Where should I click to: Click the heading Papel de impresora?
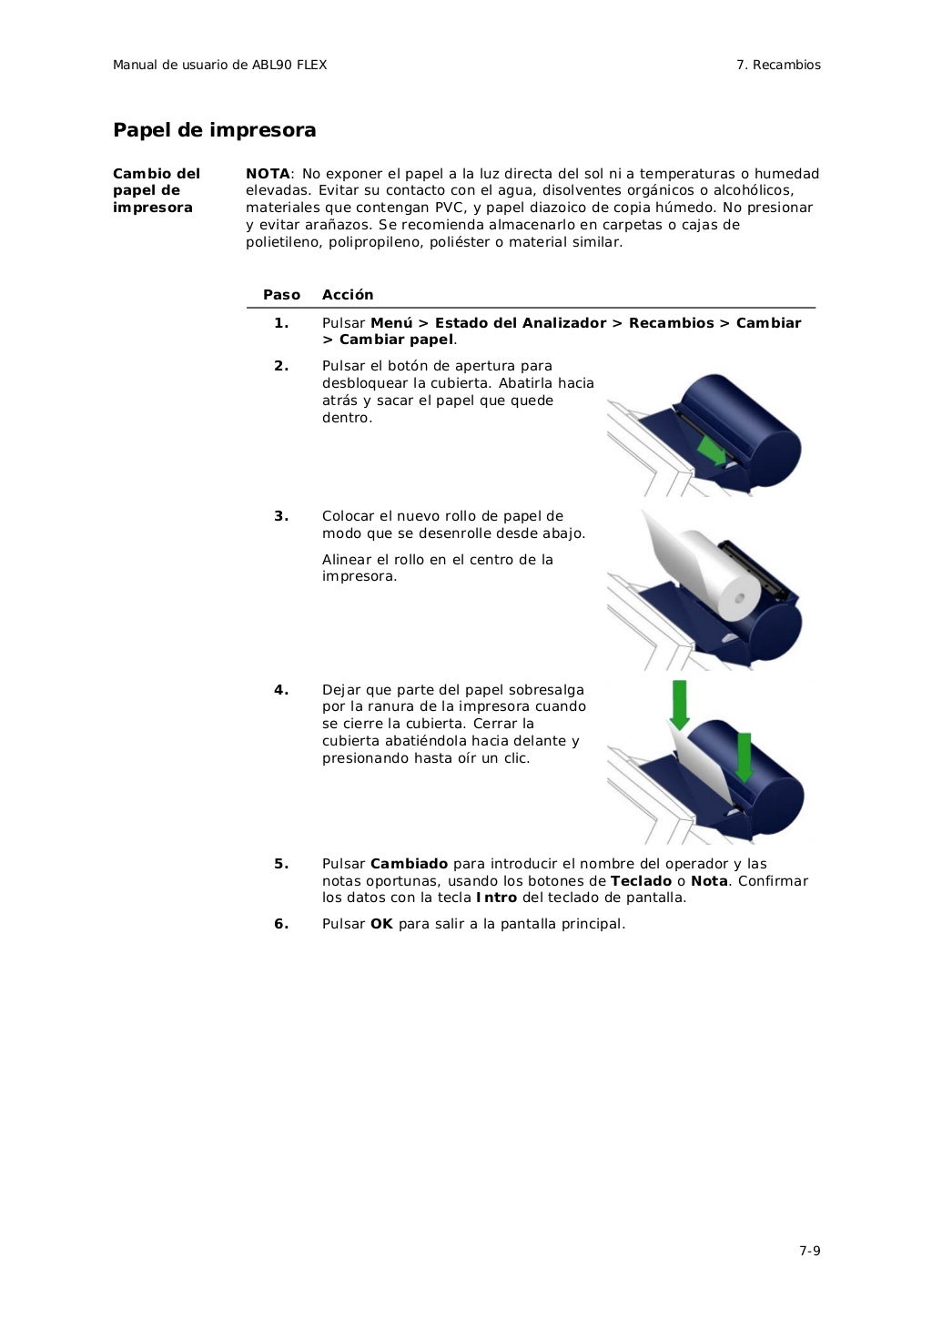[x=214, y=130]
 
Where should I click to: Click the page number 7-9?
[x=809, y=1250]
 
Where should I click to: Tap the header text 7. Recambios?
[x=778, y=65]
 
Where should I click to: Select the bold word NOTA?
[x=267, y=174]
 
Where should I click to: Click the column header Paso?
[x=281, y=295]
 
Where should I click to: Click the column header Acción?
[x=348, y=295]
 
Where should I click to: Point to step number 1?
[x=281, y=323]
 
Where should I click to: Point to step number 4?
[x=281, y=690]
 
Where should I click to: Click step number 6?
[x=281, y=924]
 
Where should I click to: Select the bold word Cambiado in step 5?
[x=409, y=864]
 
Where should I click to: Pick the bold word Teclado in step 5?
[x=641, y=881]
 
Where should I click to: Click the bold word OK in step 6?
[x=381, y=924]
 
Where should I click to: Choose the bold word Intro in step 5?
[x=496, y=898]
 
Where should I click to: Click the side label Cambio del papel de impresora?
[x=156, y=190]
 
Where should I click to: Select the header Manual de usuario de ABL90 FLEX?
[x=219, y=65]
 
